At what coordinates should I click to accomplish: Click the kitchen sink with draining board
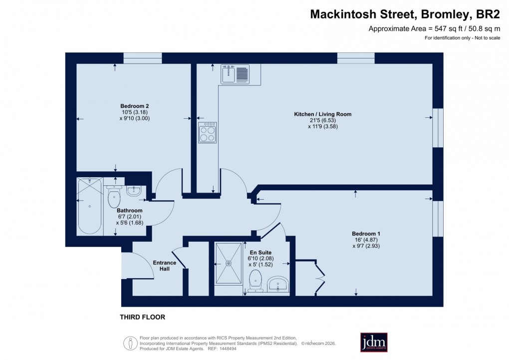tap(235, 74)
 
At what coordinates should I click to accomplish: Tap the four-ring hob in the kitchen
tap(207, 133)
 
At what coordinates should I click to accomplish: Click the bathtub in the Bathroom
tap(90, 206)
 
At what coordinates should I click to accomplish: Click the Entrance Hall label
tap(164, 266)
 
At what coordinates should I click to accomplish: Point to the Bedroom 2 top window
tap(143, 58)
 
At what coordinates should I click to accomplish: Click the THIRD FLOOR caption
tap(142, 317)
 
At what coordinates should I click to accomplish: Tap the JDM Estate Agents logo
tap(374, 342)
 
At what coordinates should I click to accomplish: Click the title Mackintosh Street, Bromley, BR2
tap(405, 14)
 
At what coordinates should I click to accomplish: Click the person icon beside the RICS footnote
tap(130, 343)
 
